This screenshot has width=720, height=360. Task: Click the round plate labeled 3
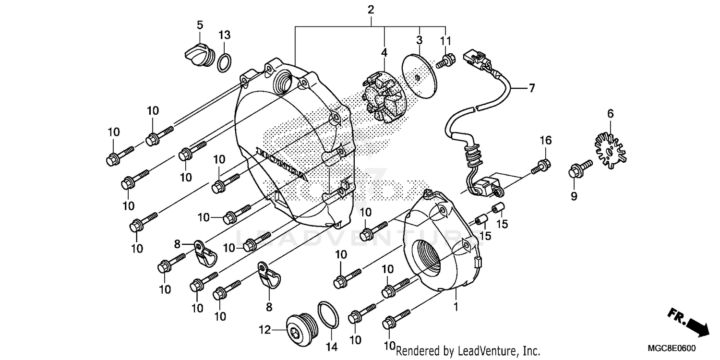pos(419,77)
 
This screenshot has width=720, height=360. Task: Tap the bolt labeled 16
pos(541,166)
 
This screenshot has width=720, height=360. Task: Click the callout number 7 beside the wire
pos(518,88)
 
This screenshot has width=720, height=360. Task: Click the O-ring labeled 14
pos(329,316)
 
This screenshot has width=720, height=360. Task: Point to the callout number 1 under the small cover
pos(456,306)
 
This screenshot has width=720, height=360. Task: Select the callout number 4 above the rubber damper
pos(384,51)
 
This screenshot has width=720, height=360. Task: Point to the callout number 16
pos(546,141)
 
